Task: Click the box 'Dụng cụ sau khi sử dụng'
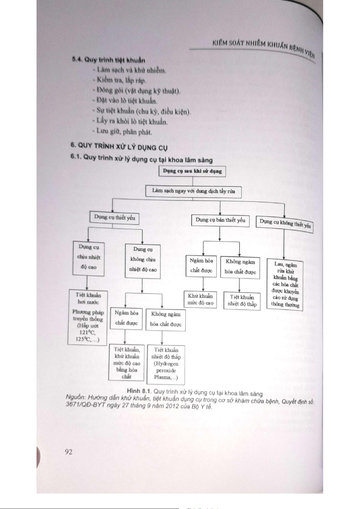(x=192, y=171)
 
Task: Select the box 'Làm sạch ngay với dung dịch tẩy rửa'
(x=193, y=191)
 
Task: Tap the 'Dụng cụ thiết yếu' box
(x=115, y=217)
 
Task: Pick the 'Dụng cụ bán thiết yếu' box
(x=220, y=220)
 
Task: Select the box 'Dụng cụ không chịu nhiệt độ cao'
(x=143, y=259)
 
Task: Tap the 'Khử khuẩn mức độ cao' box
(x=200, y=299)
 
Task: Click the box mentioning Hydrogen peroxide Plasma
(x=166, y=364)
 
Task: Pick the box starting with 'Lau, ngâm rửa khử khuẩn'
(x=285, y=285)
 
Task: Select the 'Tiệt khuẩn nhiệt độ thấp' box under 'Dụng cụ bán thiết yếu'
(x=242, y=301)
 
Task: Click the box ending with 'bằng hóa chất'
(x=127, y=363)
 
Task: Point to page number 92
(x=69, y=452)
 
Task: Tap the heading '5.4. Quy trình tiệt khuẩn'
(x=109, y=60)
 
